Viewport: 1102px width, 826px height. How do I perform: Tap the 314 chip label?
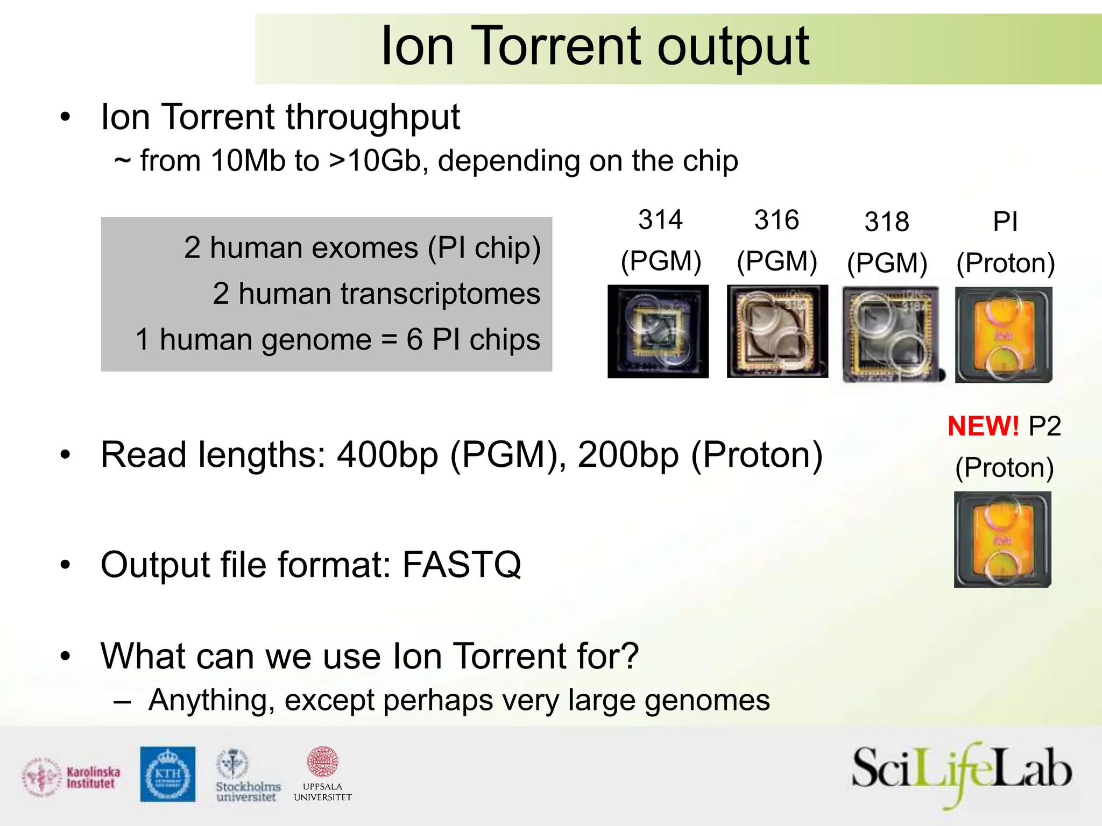click(x=660, y=220)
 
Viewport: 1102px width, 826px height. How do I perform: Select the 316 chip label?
click(x=776, y=220)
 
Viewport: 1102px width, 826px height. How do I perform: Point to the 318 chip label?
click(x=887, y=222)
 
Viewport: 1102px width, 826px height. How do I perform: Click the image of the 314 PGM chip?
click(x=658, y=331)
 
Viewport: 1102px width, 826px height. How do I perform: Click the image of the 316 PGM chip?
click(x=777, y=331)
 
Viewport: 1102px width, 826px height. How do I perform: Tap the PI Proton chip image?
click(x=1004, y=334)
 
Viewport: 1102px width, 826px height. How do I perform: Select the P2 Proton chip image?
click(x=1002, y=539)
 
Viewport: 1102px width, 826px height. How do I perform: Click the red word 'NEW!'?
click(x=983, y=426)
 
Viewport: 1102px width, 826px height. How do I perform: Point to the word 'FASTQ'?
click(x=462, y=565)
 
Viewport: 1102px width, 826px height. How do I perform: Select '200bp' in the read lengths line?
click(x=628, y=455)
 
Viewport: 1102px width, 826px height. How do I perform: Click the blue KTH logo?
click(x=168, y=774)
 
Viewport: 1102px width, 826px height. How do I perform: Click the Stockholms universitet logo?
click(x=248, y=775)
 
